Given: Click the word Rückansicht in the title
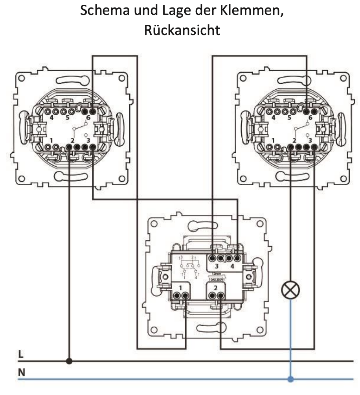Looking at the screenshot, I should (182, 30).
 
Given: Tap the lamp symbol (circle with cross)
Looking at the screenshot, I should (291, 292).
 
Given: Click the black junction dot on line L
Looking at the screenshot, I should (70, 360).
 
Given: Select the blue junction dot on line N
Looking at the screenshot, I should (291, 379).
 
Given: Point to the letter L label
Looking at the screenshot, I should (21, 354).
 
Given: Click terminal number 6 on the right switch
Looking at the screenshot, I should (310, 117).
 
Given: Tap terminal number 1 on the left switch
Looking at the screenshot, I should (52, 140).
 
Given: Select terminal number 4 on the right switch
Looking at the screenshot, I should (274, 117).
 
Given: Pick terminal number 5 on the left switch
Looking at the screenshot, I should (67, 117).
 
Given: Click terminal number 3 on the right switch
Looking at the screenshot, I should (310, 140).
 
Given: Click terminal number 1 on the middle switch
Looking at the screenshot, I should (180, 288).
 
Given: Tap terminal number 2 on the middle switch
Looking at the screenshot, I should (216, 288).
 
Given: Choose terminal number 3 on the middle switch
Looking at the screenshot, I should (217, 266).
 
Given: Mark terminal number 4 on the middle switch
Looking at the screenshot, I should (233, 266).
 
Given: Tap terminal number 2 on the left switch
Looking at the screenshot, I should (72, 140).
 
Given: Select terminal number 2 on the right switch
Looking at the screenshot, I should (294, 140).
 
